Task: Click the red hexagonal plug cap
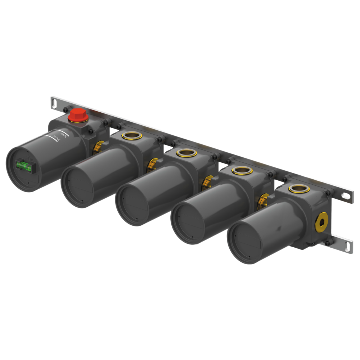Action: pyautogui.click(x=78, y=116)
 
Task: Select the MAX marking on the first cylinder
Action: pyautogui.click(x=56, y=139)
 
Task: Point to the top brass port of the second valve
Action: pyautogui.click(x=132, y=136)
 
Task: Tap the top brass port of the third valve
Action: pyautogui.click(x=186, y=153)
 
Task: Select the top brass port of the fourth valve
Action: pyautogui.click(x=242, y=171)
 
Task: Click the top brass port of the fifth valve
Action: pyautogui.click(x=299, y=189)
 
